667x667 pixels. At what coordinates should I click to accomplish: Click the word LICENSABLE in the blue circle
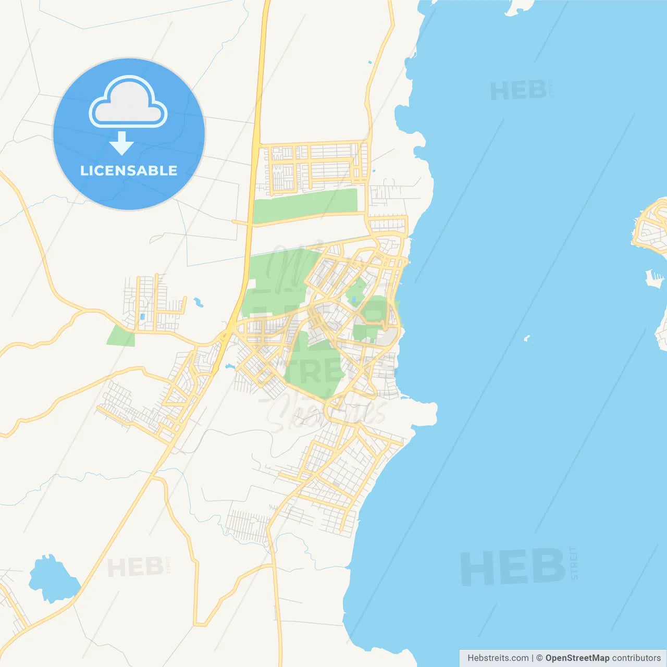[129, 170]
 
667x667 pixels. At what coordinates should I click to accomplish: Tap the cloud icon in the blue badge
[128, 103]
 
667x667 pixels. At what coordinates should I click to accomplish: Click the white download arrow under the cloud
[121, 143]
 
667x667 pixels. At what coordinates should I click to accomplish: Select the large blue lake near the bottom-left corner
[53, 579]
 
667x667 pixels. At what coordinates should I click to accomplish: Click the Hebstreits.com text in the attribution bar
[498, 658]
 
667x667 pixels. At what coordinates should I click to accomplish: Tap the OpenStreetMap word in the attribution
[577, 658]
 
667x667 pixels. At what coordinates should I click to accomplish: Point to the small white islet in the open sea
[527, 339]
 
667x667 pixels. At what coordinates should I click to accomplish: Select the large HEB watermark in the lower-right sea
[513, 567]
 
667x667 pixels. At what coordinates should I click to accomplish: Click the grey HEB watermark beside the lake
[136, 567]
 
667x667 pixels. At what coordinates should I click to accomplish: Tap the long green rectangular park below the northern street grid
[305, 205]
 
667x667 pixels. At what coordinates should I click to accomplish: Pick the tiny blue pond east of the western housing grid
[198, 302]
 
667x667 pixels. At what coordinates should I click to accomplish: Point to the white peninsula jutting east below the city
[419, 412]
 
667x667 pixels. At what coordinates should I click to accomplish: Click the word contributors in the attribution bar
[636, 658]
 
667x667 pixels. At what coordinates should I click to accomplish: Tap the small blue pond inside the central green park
[354, 300]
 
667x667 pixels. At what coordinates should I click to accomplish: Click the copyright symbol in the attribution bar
[540, 658]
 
